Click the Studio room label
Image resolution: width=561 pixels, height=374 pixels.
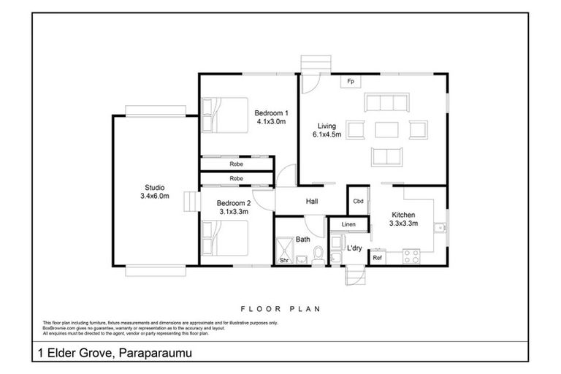click(x=154, y=191)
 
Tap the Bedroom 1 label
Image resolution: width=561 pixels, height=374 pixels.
click(x=271, y=117)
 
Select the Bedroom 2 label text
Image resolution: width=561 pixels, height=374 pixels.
click(x=234, y=207)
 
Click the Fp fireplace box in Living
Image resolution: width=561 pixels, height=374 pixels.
click(x=351, y=81)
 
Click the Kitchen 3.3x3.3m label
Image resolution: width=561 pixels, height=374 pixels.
click(x=403, y=219)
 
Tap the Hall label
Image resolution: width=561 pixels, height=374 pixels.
click(x=311, y=201)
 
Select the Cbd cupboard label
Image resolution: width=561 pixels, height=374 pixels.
click(x=358, y=201)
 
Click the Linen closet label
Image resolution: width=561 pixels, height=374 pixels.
click(x=348, y=224)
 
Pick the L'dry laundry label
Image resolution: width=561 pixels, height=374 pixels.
click(x=355, y=248)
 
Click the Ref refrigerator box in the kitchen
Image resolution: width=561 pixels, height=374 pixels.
click(x=378, y=258)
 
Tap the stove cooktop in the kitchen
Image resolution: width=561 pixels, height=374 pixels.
click(x=411, y=256)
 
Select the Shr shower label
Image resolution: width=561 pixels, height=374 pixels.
click(x=283, y=260)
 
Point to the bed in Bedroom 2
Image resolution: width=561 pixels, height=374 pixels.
click(x=225, y=237)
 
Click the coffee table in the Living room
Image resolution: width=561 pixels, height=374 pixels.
click(x=386, y=130)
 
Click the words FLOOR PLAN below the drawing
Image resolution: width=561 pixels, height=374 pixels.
click(x=280, y=308)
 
